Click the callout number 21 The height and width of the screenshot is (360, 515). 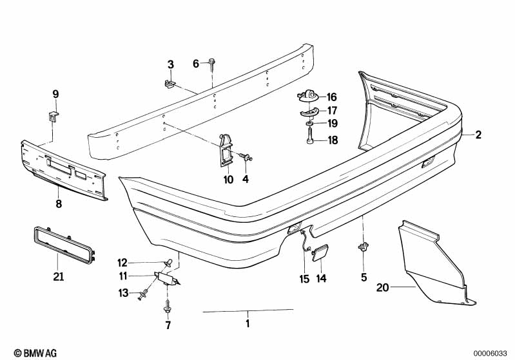(59, 277)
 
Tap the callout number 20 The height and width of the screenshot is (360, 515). (383, 287)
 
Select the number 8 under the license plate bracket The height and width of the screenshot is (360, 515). (59, 204)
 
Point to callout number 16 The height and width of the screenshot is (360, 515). (332, 97)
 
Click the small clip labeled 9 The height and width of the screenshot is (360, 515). (53, 116)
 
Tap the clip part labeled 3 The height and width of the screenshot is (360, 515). (170, 84)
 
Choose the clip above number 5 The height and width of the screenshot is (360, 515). (364, 246)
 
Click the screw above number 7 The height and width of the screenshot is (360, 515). (167, 305)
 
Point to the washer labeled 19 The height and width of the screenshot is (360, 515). (309, 124)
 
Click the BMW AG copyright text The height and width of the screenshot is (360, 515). (35, 353)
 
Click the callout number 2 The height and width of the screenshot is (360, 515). (478, 135)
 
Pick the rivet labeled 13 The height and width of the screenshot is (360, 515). (143, 294)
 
